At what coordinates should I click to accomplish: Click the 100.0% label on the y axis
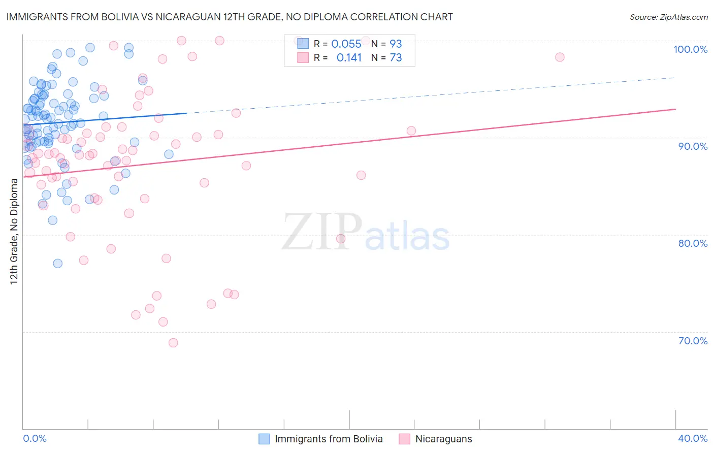[690, 49]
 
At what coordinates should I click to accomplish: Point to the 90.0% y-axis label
[693, 146]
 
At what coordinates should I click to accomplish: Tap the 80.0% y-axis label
[693, 243]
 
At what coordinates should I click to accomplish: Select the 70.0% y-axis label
[693, 340]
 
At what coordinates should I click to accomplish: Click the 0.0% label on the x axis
[35, 438]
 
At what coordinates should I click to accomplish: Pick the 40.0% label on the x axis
[693, 438]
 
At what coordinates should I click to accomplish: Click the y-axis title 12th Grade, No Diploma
[14, 231]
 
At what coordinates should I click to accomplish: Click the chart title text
[229, 17]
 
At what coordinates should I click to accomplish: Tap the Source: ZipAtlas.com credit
[668, 17]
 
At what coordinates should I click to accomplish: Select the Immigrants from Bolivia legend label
[329, 439]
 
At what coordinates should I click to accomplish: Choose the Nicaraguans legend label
[443, 439]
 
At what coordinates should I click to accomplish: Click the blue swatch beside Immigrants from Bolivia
[264, 439]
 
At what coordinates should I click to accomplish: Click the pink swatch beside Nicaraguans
[404, 439]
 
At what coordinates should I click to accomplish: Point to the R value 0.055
[346, 44]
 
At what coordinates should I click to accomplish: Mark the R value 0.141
[349, 57]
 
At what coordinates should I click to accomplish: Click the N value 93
[396, 44]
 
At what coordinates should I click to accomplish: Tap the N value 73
[396, 57]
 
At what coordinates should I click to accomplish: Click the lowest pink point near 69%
[173, 343]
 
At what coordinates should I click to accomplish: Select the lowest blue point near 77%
[58, 263]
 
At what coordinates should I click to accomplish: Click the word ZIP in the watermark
[321, 232]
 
